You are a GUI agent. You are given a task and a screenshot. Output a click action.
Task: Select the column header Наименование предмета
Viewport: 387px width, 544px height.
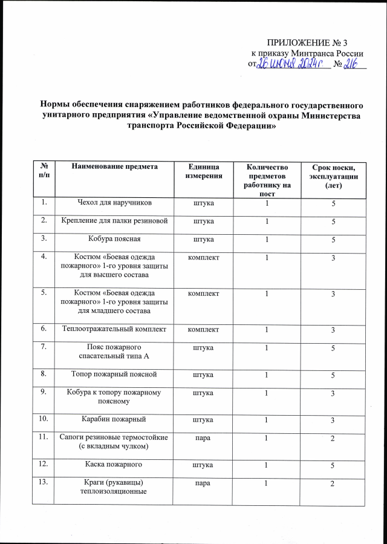114,166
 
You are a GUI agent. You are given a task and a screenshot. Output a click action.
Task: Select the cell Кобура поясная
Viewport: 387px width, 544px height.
114,239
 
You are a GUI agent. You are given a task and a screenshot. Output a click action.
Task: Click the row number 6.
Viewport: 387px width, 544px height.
43,329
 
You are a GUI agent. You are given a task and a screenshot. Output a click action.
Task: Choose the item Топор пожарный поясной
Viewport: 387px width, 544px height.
114,374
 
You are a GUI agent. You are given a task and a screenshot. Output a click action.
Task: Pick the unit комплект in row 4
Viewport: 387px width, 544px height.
204,258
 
